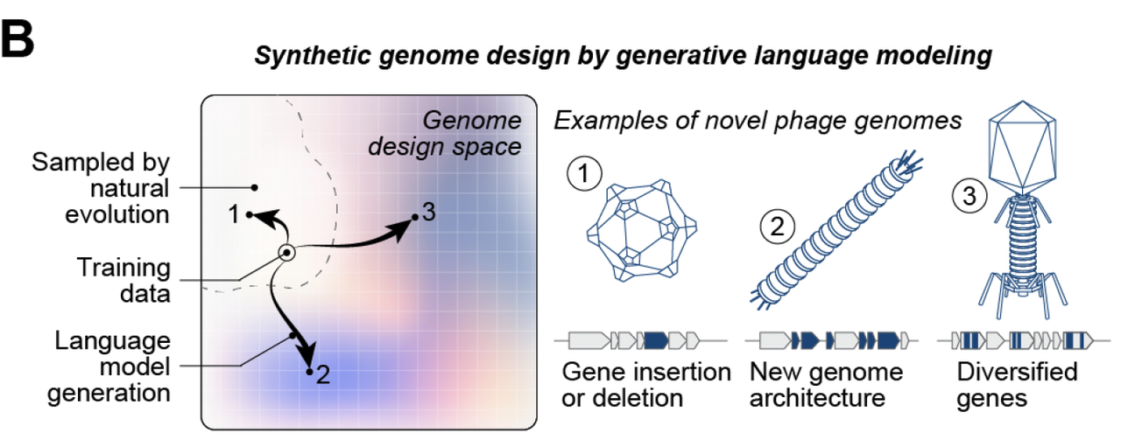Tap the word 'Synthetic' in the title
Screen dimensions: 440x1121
[302, 57]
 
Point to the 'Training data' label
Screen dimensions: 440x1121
[123, 279]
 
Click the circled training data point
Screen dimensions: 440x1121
[286, 253]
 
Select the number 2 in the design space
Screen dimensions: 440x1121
[322, 376]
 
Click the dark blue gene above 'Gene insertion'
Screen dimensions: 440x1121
[656, 338]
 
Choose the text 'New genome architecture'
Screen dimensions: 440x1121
[826, 385]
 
